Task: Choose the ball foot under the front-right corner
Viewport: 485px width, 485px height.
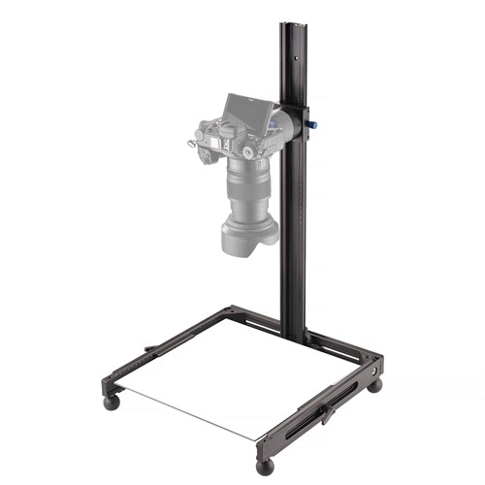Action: pyautogui.click(x=265, y=465)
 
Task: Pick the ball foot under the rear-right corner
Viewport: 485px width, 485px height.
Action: pyautogui.click(x=375, y=385)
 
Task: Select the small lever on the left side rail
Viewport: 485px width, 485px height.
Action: pyautogui.click(x=151, y=347)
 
